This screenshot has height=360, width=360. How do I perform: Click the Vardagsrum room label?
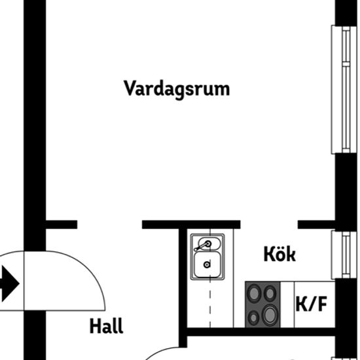click(x=177, y=90)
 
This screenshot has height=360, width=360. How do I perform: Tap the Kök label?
click(x=279, y=254)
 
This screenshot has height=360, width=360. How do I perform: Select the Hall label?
click(x=106, y=325)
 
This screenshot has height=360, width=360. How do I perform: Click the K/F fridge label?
click(x=312, y=304)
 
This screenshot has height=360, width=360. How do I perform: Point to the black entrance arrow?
click(x=9, y=283)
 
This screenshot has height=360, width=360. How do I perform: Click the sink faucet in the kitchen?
click(x=202, y=246)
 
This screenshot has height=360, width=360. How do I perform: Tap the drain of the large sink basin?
click(x=207, y=264)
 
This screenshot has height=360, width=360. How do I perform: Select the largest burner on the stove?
click(x=270, y=315)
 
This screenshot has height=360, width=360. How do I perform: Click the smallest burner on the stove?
click(x=254, y=317)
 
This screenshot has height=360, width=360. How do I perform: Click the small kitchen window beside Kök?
click(x=341, y=255)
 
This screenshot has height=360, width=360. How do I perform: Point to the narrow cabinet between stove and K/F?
click(x=287, y=304)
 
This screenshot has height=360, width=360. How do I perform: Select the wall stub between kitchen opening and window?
click(x=316, y=225)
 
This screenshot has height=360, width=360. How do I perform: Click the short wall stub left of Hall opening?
click(x=62, y=225)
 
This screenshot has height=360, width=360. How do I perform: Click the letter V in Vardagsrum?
click(x=130, y=88)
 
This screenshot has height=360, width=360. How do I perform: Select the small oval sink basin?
click(x=209, y=244)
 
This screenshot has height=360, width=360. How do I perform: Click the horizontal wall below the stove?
click(x=261, y=332)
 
